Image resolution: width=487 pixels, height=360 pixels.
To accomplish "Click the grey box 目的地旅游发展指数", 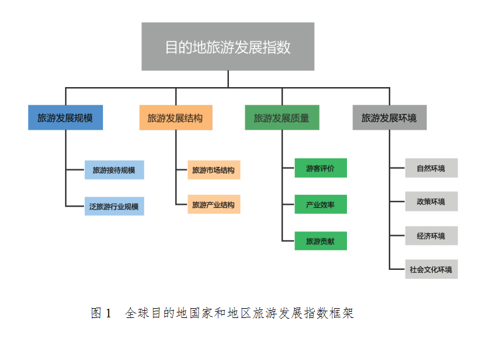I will (x=228, y=47).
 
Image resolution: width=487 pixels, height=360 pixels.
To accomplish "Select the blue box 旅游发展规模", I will (x=65, y=118).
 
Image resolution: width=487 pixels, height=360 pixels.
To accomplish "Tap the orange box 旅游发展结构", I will (x=175, y=118).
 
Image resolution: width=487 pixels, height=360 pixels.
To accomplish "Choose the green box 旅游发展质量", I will (x=281, y=118).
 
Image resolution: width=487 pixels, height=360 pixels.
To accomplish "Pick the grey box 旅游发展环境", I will (x=389, y=118).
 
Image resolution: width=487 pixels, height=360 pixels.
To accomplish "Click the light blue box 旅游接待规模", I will (x=114, y=170).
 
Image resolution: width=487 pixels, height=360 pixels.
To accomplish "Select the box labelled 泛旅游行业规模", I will (x=114, y=206).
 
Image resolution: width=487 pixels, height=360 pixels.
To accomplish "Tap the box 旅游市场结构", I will (x=213, y=170).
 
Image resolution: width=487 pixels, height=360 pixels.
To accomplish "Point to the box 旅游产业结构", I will (x=213, y=205).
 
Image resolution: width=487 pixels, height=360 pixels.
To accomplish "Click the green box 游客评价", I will (x=320, y=168).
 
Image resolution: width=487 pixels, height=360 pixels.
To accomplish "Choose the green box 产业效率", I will (x=320, y=205).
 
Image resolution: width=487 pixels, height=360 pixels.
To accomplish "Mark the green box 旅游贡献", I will (x=320, y=241).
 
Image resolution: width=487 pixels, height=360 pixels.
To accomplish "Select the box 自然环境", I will (x=431, y=168).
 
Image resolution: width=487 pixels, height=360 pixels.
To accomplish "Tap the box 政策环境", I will (x=431, y=201).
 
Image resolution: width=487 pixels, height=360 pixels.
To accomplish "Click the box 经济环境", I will (x=431, y=235).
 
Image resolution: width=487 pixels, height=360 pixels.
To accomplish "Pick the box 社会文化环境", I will (x=431, y=269).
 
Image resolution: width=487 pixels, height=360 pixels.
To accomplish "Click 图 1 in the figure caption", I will (x=101, y=314).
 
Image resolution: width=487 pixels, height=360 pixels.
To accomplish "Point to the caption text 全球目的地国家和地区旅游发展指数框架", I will (x=239, y=314).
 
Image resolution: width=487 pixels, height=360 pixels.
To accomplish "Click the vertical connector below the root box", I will (x=228, y=79).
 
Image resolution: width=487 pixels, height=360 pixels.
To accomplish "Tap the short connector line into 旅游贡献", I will (x=288, y=240).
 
